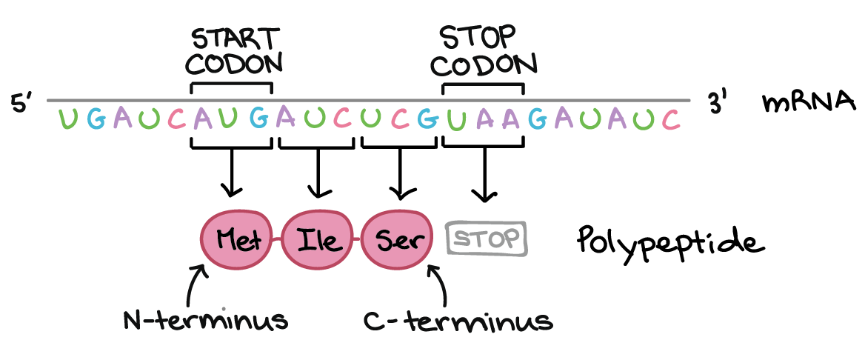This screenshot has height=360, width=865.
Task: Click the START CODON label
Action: coord(233,52)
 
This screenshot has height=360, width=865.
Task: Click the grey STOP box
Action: coord(487,239)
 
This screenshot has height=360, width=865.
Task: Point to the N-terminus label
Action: coord(205,321)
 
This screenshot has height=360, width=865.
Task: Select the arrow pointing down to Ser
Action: coord(400,175)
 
